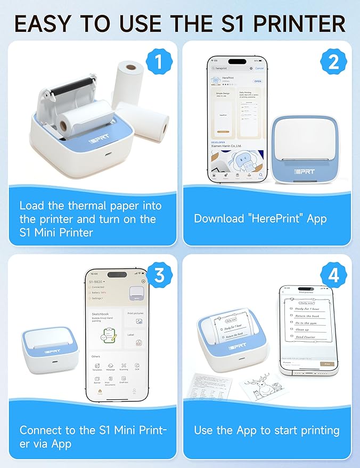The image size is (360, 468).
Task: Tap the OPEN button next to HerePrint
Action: tap(257, 81)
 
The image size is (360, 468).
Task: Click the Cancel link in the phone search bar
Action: tap(259, 68)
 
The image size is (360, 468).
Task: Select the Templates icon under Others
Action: tap(97, 367)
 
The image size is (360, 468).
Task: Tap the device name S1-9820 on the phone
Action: tap(96, 281)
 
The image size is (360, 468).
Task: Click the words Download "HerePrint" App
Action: tap(260, 218)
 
